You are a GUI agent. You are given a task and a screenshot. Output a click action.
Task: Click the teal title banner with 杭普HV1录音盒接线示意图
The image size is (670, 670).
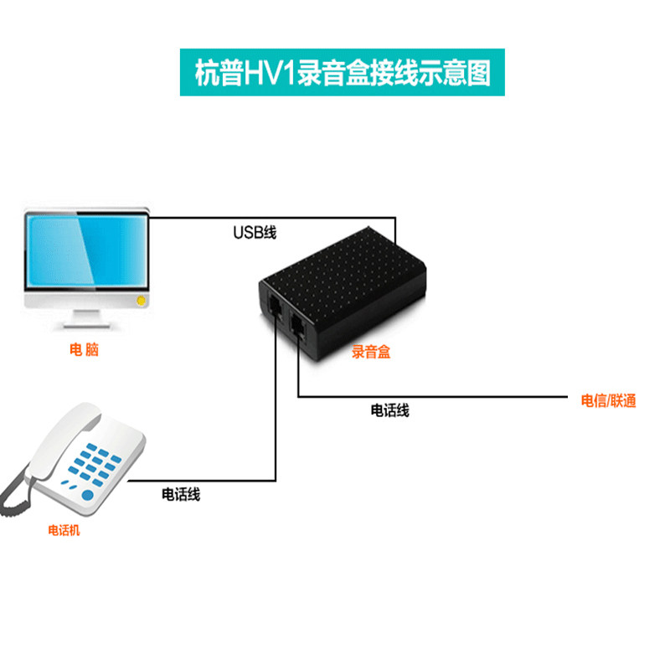point(336,72)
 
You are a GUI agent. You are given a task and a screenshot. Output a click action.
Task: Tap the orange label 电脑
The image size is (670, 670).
point(84,350)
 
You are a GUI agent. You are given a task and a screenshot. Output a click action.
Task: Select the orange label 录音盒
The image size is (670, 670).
point(371,353)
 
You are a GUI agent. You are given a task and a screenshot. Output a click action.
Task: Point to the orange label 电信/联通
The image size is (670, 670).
point(609,400)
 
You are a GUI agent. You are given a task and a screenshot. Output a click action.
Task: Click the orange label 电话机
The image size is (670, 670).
point(64,530)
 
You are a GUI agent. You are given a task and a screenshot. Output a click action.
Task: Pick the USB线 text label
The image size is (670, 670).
point(254,232)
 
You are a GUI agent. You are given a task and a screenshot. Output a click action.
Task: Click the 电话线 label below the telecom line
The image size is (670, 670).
point(390,410)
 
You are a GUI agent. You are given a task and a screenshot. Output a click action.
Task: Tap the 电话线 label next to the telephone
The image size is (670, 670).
point(181,494)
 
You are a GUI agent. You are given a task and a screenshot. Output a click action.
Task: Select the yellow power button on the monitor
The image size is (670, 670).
point(142,299)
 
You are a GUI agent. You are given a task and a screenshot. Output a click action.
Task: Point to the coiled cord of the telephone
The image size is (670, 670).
point(13,494)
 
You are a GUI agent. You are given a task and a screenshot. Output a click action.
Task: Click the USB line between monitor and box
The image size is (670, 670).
point(251,218)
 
